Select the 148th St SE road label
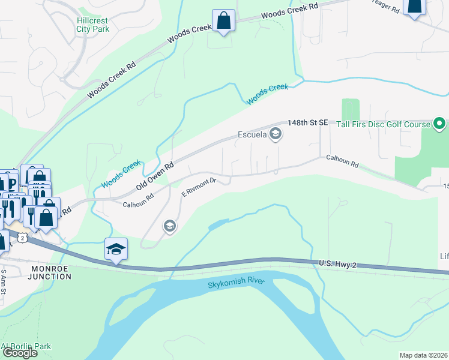tap(308, 122)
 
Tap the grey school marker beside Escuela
tap(276, 134)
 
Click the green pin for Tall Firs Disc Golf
tap(439, 124)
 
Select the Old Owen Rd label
tap(154, 175)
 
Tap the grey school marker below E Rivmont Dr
tap(169, 226)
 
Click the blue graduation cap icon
tap(116, 250)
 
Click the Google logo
tap(20, 353)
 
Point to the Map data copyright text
tap(424, 355)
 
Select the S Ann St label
tap(3, 282)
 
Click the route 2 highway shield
tap(22, 238)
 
